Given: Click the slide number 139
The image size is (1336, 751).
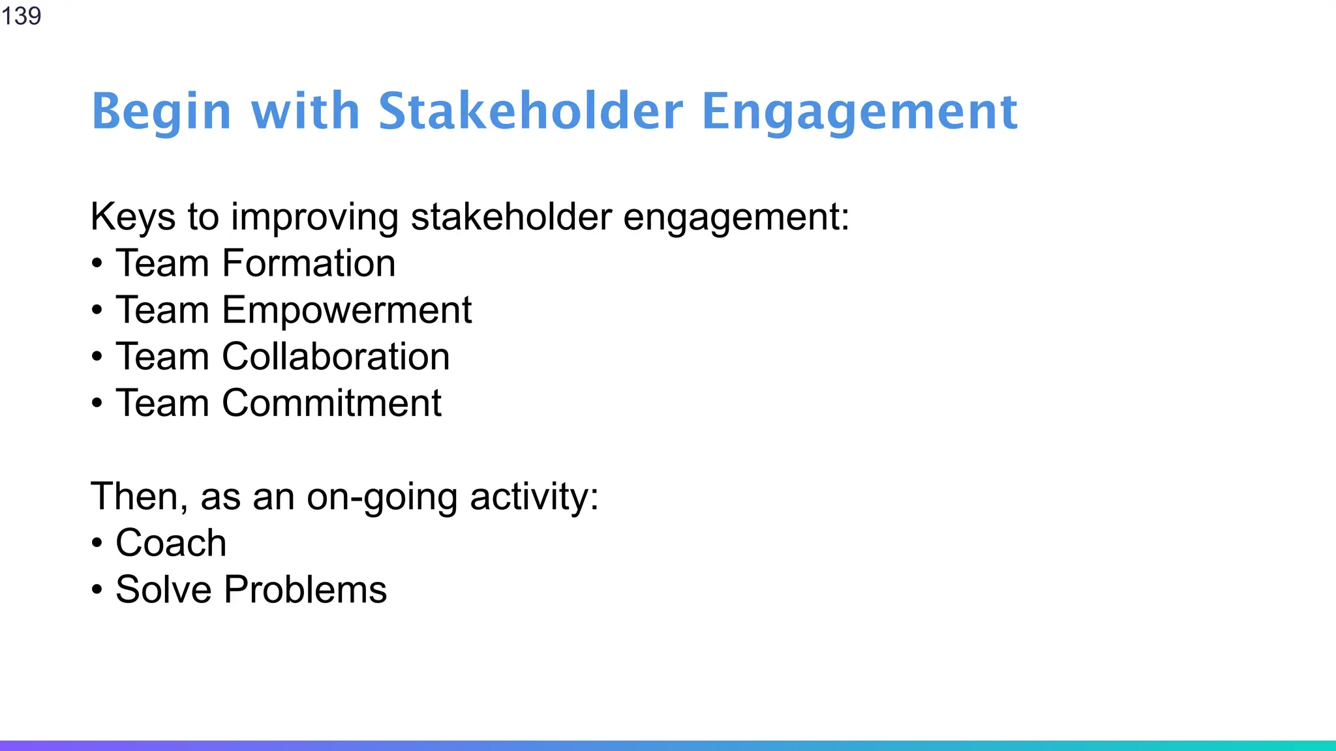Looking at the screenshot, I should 22,16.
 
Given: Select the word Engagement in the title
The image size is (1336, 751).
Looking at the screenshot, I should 859,112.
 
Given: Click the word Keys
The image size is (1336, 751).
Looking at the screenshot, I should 133,216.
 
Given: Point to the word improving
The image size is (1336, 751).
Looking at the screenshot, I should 314,218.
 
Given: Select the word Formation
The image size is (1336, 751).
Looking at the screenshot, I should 309,263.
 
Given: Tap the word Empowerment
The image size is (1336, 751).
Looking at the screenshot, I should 346,310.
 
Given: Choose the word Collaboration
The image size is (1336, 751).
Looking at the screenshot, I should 335,357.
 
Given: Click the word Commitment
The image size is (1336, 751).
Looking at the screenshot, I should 331,403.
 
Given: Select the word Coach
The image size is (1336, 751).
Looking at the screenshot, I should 171,543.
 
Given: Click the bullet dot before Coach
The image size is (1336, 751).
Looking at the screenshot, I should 97,544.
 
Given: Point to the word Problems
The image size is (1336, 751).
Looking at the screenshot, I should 305,590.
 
